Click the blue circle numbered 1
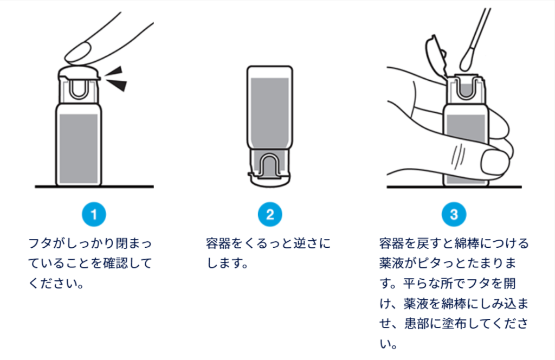tap(94, 214)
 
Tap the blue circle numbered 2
tap(270, 214)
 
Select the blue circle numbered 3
tap(454, 214)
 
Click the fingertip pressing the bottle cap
tap(79, 53)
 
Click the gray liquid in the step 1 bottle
tap(79, 149)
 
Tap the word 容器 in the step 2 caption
tap(218, 243)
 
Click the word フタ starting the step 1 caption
tap(41, 243)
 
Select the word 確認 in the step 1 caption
tap(115, 263)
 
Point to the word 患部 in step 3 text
tap(417, 324)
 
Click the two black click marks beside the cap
tap(116, 79)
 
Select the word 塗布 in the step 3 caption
tap(454, 324)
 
